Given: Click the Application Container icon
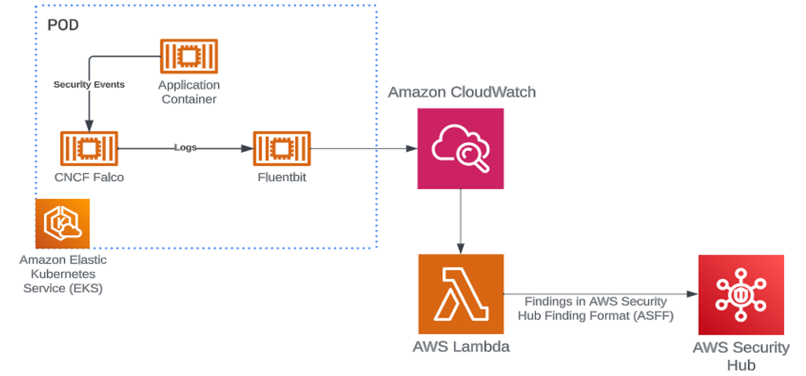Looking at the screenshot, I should pyautogui.click(x=189, y=56).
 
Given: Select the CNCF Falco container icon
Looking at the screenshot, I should pyautogui.click(x=89, y=149).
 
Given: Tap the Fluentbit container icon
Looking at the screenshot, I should pyautogui.click(x=282, y=149).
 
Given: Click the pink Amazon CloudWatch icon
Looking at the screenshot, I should pyautogui.click(x=460, y=149).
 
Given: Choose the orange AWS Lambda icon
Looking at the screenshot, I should pyautogui.click(x=461, y=293).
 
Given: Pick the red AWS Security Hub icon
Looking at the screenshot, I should pyautogui.click(x=741, y=295).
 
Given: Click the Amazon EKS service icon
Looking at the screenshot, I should pyautogui.click(x=63, y=224).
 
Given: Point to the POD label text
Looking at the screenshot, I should pyautogui.click(x=63, y=26).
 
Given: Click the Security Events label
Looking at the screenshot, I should pyautogui.click(x=89, y=85).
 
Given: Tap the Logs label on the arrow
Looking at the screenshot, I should pyautogui.click(x=185, y=147).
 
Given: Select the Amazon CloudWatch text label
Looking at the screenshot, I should pyautogui.click(x=461, y=92).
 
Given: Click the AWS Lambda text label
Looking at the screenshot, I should pyautogui.click(x=461, y=347).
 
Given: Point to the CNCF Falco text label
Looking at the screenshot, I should pyautogui.click(x=89, y=177).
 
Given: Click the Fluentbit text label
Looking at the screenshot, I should pyautogui.click(x=282, y=177).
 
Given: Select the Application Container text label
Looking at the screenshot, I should pyautogui.click(x=189, y=92).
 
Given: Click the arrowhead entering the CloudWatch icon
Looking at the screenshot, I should pyautogui.click(x=412, y=149).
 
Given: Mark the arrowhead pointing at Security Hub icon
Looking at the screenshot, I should pyautogui.click(x=692, y=294).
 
